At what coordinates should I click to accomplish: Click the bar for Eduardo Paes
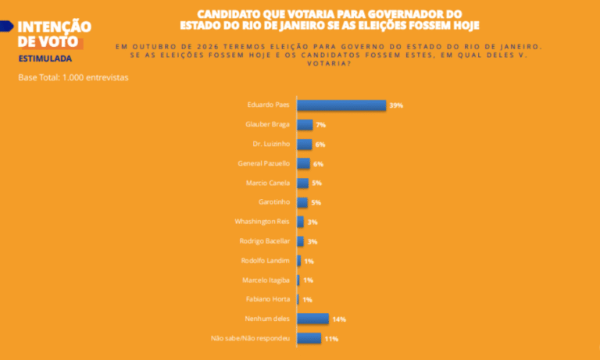[341, 105]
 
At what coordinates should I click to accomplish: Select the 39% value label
[396, 105]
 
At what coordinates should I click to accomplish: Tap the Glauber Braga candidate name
[268, 124]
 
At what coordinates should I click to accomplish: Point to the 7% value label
[320, 125]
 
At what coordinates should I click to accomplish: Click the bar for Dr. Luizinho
[305, 144]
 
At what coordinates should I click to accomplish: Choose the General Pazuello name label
[263, 163]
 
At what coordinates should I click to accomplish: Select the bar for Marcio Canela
[303, 183]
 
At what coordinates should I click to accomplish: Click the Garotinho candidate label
[275, 201]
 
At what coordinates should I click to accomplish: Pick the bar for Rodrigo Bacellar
[301, 241]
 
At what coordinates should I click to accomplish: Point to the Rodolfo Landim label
[266, 260]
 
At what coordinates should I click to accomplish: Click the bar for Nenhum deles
[313, 319]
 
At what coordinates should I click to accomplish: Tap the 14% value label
[338, 319]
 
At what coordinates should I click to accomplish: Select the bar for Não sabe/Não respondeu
[309, 338]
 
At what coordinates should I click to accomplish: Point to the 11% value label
[331, 339]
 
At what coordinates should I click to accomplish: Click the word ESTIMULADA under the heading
[45, 59]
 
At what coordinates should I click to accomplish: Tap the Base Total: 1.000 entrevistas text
[73, 78]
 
